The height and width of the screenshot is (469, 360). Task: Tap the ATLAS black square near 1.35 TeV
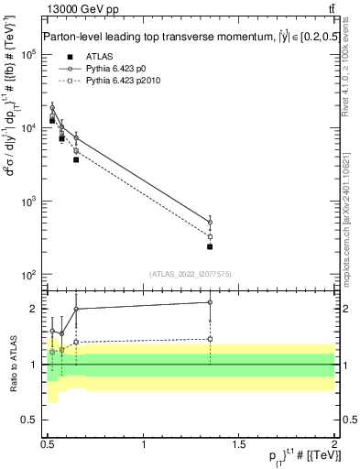tap(210, 246)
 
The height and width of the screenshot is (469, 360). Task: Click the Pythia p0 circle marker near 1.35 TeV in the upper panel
tap(210, 223)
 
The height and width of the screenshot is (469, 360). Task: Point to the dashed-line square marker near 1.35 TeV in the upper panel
tap(210, 236)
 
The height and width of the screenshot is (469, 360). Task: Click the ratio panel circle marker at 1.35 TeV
tap(210, 302)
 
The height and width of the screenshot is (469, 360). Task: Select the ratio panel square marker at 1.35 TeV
tap(210, 339)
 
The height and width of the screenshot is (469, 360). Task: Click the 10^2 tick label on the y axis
tap(28, 275)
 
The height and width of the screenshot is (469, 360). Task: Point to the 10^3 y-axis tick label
tap(28, 202)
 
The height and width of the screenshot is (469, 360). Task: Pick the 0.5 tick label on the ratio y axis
tap(32, 420)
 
